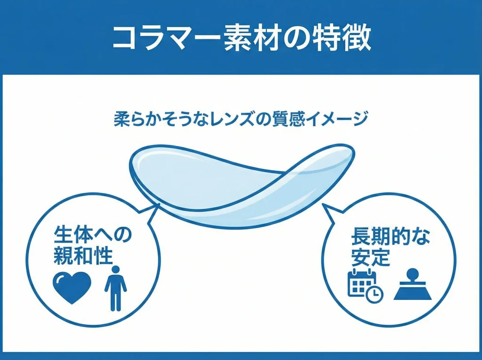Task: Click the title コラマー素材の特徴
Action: click(x=241, y=38)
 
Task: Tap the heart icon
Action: click(x=72, y=287)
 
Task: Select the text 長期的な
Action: click(x=390, y=237)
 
